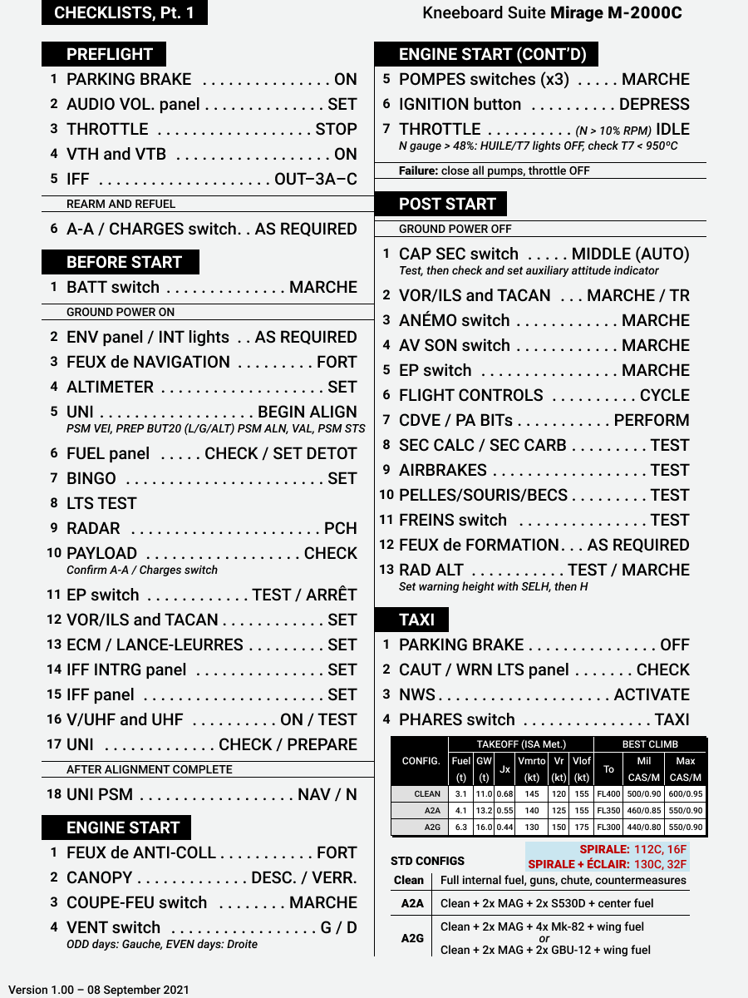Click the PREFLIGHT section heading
[109, 54]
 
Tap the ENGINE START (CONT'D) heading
[492, 54]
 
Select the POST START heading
[447, 204]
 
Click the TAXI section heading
[416, 620]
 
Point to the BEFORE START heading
[124, 262]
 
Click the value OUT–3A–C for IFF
[316, 179]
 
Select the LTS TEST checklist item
[101, 503]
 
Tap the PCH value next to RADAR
[341, 528]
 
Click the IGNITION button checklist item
[460, 104]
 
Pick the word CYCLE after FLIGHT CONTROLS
[665, 395]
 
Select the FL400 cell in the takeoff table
[608, 794]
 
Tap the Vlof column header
[582, 761]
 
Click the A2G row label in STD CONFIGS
[412, 938]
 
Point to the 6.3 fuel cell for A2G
[461, 828]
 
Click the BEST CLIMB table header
[650, 744]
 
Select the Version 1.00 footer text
[99, 990]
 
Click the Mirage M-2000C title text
[616, 13]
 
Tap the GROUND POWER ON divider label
[121, 312]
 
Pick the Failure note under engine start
[494, 170]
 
